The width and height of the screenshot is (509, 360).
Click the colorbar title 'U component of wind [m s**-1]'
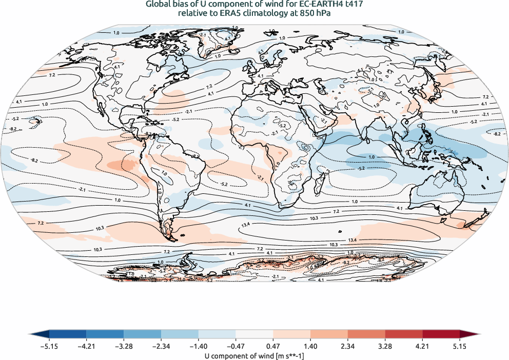click(254, 354)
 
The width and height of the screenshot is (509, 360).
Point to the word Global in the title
click(159, 5)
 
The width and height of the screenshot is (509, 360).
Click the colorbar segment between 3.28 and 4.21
click(403, 335)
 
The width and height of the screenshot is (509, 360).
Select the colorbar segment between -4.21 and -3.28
click(105, 335)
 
